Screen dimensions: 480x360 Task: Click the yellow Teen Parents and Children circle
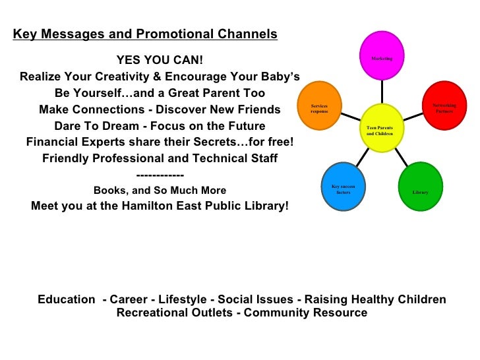tap(382, 127)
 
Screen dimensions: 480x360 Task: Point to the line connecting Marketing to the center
tap(382, 91)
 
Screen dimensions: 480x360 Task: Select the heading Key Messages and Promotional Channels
tap(145, 34)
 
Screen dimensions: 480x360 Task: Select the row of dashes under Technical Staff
tap(160, 175)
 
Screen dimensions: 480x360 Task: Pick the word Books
tap(109, 191)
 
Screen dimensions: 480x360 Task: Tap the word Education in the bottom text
tap(66, 300)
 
